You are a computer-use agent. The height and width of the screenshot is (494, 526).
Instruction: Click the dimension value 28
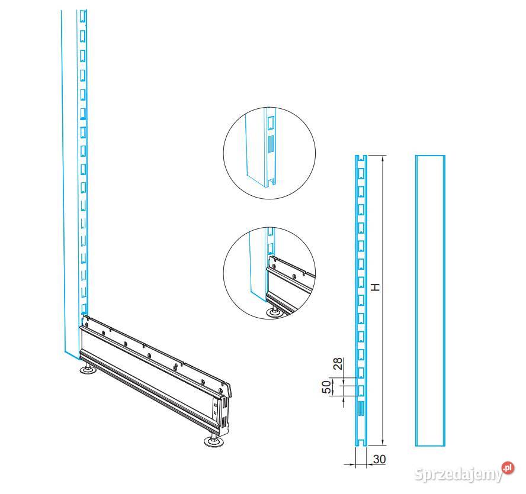coord(338,363)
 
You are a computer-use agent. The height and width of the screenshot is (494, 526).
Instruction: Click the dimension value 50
coord(326,387)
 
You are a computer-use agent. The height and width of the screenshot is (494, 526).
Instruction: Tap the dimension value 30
coord(379,459)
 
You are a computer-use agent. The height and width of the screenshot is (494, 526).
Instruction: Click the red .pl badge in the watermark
coord(508,468)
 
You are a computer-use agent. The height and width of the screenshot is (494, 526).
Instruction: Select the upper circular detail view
coord(270,153)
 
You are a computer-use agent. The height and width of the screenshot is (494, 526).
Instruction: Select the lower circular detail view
coord(270,273)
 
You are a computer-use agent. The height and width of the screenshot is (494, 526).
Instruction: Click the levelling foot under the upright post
coord(88,368)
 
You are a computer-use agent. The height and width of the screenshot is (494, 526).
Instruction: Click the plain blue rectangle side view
coord(430,301)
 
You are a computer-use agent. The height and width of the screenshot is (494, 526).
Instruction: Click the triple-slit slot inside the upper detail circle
coord(271,143)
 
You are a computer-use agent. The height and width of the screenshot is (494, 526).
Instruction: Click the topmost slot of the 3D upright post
coord(82,17)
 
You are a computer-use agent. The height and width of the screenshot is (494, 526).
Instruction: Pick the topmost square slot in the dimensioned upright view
coord(361,173)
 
